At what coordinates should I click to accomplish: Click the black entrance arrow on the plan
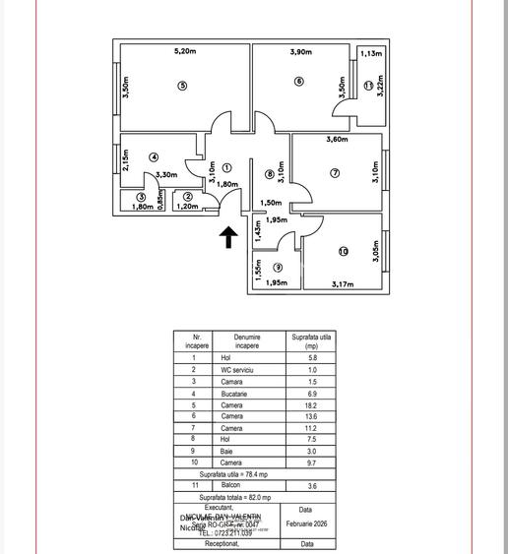click(x=228, y=236)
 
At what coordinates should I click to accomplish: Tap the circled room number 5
click(x=183, y=86)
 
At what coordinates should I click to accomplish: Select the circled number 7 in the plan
click(x=335, y=173)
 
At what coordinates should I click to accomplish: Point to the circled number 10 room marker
click(x=344, y=252)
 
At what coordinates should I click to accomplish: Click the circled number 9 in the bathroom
click(x=279, y=268)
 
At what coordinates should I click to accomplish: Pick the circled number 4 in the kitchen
click(x=154, y=157)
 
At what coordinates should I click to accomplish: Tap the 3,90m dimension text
click(x=302, y=52)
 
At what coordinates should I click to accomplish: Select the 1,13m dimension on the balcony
click(x=371, y=55)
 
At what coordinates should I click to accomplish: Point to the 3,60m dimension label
click(x=339, y=141)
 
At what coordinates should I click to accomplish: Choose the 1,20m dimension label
click(x=187, y=207)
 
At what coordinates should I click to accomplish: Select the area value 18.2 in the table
click(x=312, y=405)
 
